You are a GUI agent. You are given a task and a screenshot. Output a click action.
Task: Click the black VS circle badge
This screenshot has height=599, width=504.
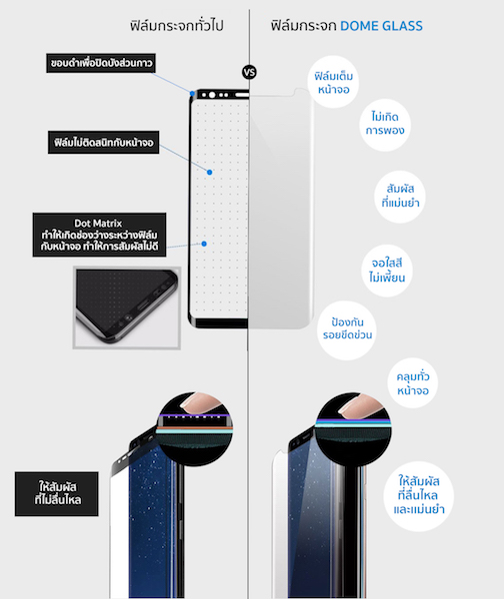tap(249, 72)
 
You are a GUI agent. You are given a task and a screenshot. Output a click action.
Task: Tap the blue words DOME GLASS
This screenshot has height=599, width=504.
tap(381, 26)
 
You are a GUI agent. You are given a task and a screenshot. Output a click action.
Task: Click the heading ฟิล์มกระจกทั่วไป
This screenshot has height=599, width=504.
tap(176, 26)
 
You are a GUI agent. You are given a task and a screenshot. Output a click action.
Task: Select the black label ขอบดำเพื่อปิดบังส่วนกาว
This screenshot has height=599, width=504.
tap(101, 63)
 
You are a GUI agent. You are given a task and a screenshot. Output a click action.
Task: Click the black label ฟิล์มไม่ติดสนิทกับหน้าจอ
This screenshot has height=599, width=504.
tap(103, 143)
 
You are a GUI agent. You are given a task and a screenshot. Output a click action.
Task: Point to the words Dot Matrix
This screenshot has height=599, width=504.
tap(98, 223)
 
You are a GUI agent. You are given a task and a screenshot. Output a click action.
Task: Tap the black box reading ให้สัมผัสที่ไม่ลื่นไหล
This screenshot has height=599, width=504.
tap(57, 493)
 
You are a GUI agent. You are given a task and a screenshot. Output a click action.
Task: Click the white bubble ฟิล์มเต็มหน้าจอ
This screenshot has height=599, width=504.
tap(333, 83)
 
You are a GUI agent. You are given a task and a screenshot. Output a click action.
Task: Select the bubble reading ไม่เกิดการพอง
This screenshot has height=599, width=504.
tap(385, 124)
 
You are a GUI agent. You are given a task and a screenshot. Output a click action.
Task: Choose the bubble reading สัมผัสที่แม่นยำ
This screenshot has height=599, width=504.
tap(400, 197)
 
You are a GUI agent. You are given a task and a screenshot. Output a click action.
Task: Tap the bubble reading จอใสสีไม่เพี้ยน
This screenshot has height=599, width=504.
tap(387, 271)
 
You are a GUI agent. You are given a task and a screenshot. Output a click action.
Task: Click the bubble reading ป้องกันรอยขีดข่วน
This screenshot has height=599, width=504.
tap(347, 329)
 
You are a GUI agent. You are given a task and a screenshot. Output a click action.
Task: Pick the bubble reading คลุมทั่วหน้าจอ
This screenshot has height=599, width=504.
tap(413, 383)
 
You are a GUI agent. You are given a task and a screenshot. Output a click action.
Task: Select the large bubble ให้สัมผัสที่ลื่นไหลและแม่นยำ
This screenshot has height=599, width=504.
tap(419, 496)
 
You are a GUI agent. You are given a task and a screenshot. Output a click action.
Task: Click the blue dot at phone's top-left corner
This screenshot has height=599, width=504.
tap(192, 94)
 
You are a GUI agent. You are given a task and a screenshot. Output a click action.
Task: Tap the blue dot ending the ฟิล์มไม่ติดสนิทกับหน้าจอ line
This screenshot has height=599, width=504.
tap(209, 173)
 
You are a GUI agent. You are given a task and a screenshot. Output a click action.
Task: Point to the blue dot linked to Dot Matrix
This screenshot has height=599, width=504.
tap(204, 244)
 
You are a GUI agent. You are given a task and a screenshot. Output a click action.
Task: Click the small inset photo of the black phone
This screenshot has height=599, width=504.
tap(127, 307)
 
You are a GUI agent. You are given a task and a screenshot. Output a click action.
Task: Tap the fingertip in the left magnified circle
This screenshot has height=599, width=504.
tap(202, 403)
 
